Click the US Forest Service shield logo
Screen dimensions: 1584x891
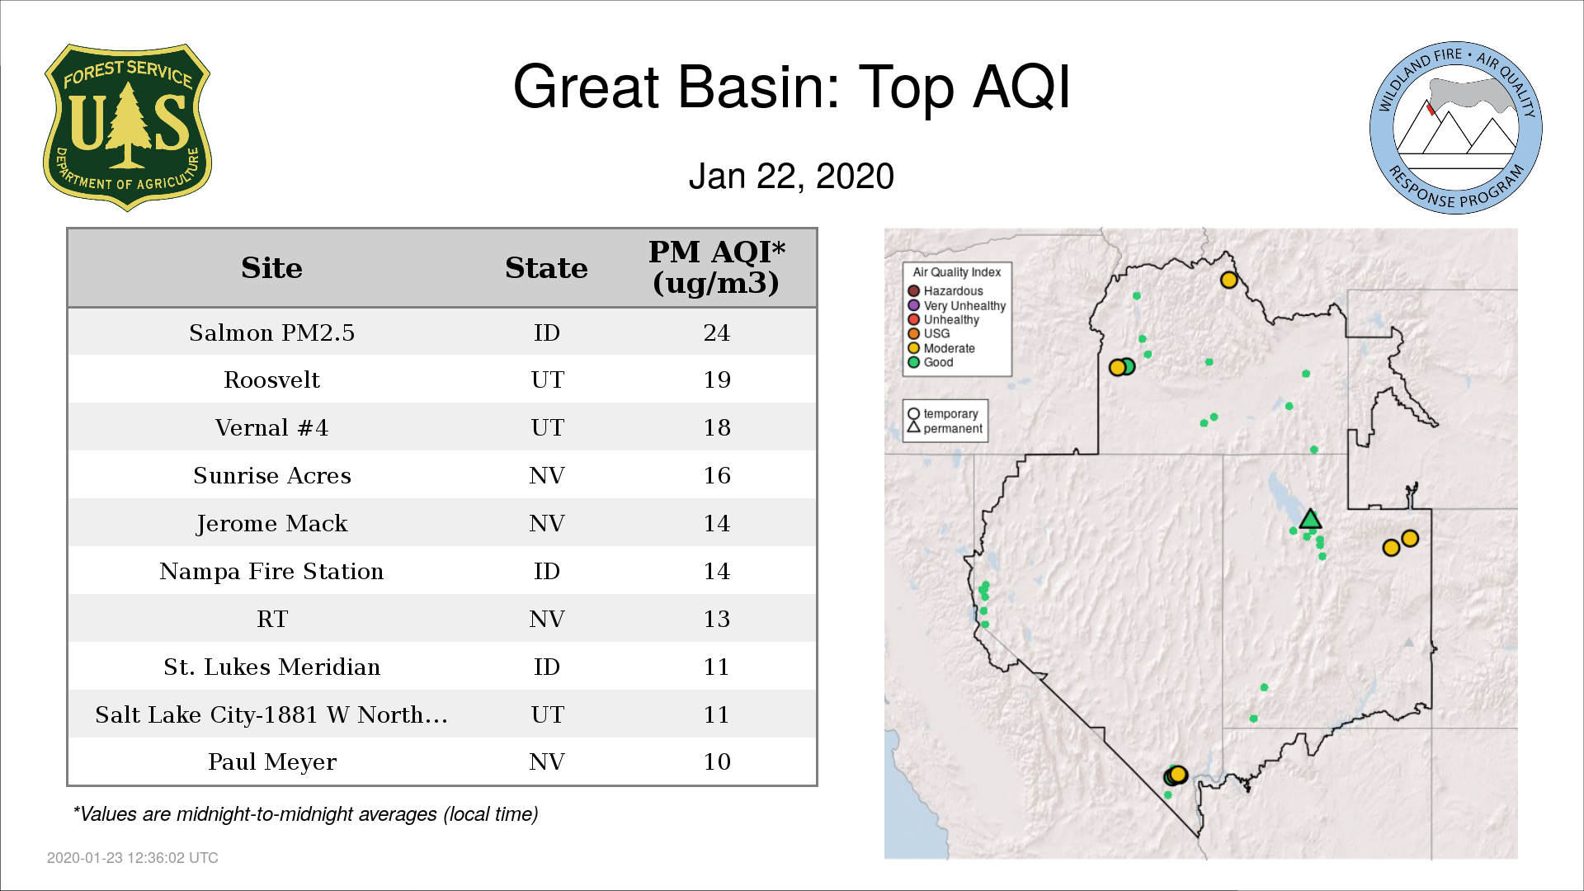coord(127,127)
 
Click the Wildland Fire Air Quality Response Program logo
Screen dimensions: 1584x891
coord(1456,128)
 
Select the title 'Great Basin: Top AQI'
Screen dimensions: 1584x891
coord(791,87)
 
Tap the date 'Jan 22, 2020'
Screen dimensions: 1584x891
coord(791,177)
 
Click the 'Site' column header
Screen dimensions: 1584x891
coord(271,268)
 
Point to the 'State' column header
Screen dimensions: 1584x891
coord(546,268)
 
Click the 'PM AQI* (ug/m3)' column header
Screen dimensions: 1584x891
coord(716,267)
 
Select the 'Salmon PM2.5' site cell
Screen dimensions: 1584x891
coord(271,332)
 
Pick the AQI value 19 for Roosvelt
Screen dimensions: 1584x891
coord(717,379)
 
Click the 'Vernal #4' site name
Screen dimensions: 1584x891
coord(271,427)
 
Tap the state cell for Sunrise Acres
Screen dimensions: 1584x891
coord(547,475)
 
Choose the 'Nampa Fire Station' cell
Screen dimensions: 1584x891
coord(271,571)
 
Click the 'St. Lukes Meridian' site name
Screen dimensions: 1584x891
coord(271,667)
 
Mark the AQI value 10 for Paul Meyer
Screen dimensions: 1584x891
coord(717,761)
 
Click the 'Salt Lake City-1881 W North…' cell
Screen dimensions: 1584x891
coord(271,714)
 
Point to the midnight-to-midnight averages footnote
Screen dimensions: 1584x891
coord(305,814)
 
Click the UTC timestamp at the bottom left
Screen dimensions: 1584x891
coord(133,858)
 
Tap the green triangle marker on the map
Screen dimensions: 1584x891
coord(1310,520)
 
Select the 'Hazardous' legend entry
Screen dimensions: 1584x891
coord(945,291)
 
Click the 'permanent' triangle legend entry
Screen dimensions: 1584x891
coord(945,428)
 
